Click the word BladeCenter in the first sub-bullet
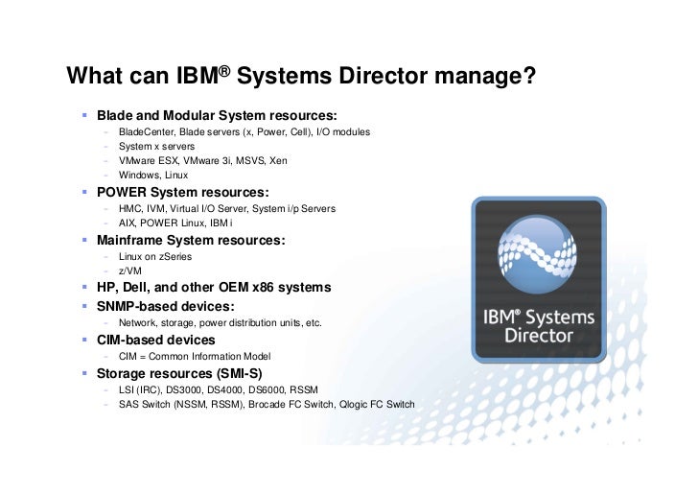(x=146, y=131)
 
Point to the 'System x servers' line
(x=156, y=147)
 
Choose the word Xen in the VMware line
(x=278, y=161)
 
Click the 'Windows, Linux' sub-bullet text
(x=153, y=176)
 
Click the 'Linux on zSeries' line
(x=156, y=257)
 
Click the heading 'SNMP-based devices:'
(x=165, y=306)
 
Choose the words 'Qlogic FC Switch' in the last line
(x=375, y=404)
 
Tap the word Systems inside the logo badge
(x=558, y=318)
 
